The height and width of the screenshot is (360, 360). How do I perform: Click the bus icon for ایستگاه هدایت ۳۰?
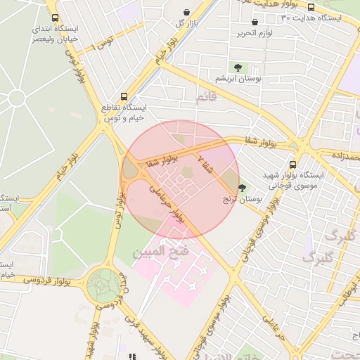pyautogui.click(x=311, y=6)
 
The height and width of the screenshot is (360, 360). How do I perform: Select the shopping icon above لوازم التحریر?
pyautogui.click(x=254, y=22)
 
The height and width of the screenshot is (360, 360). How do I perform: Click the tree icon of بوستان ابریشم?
pyautogui.click(x=238, y=67)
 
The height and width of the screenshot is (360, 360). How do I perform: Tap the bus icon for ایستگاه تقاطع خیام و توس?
pyautogui.click(x=124, y=96)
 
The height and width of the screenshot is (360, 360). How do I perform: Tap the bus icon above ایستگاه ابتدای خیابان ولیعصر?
pyautogui.click(x=56, y=18)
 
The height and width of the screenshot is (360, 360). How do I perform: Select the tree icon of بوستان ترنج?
pyautogui.click(x=243, y=188)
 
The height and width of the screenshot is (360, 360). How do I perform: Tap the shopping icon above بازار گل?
pyautogui.click(x=186, y=13)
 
